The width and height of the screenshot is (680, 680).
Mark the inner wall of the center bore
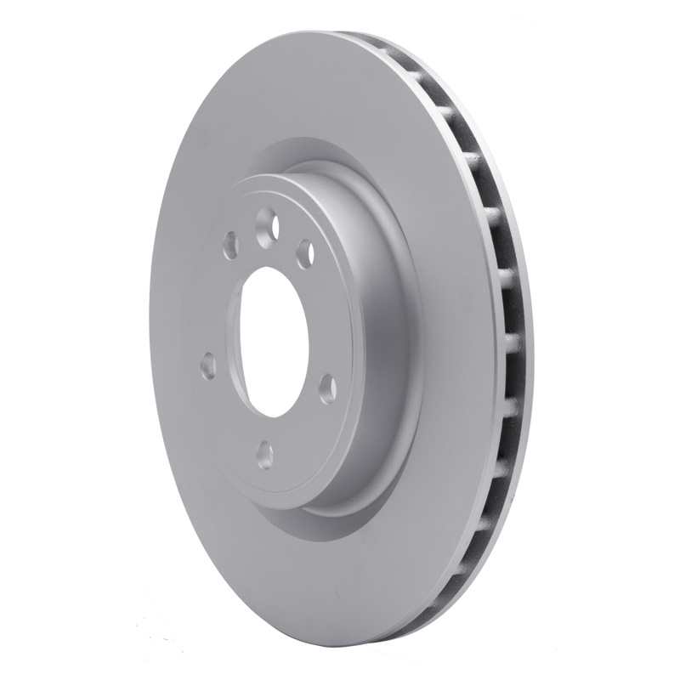(x=285, y=340)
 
